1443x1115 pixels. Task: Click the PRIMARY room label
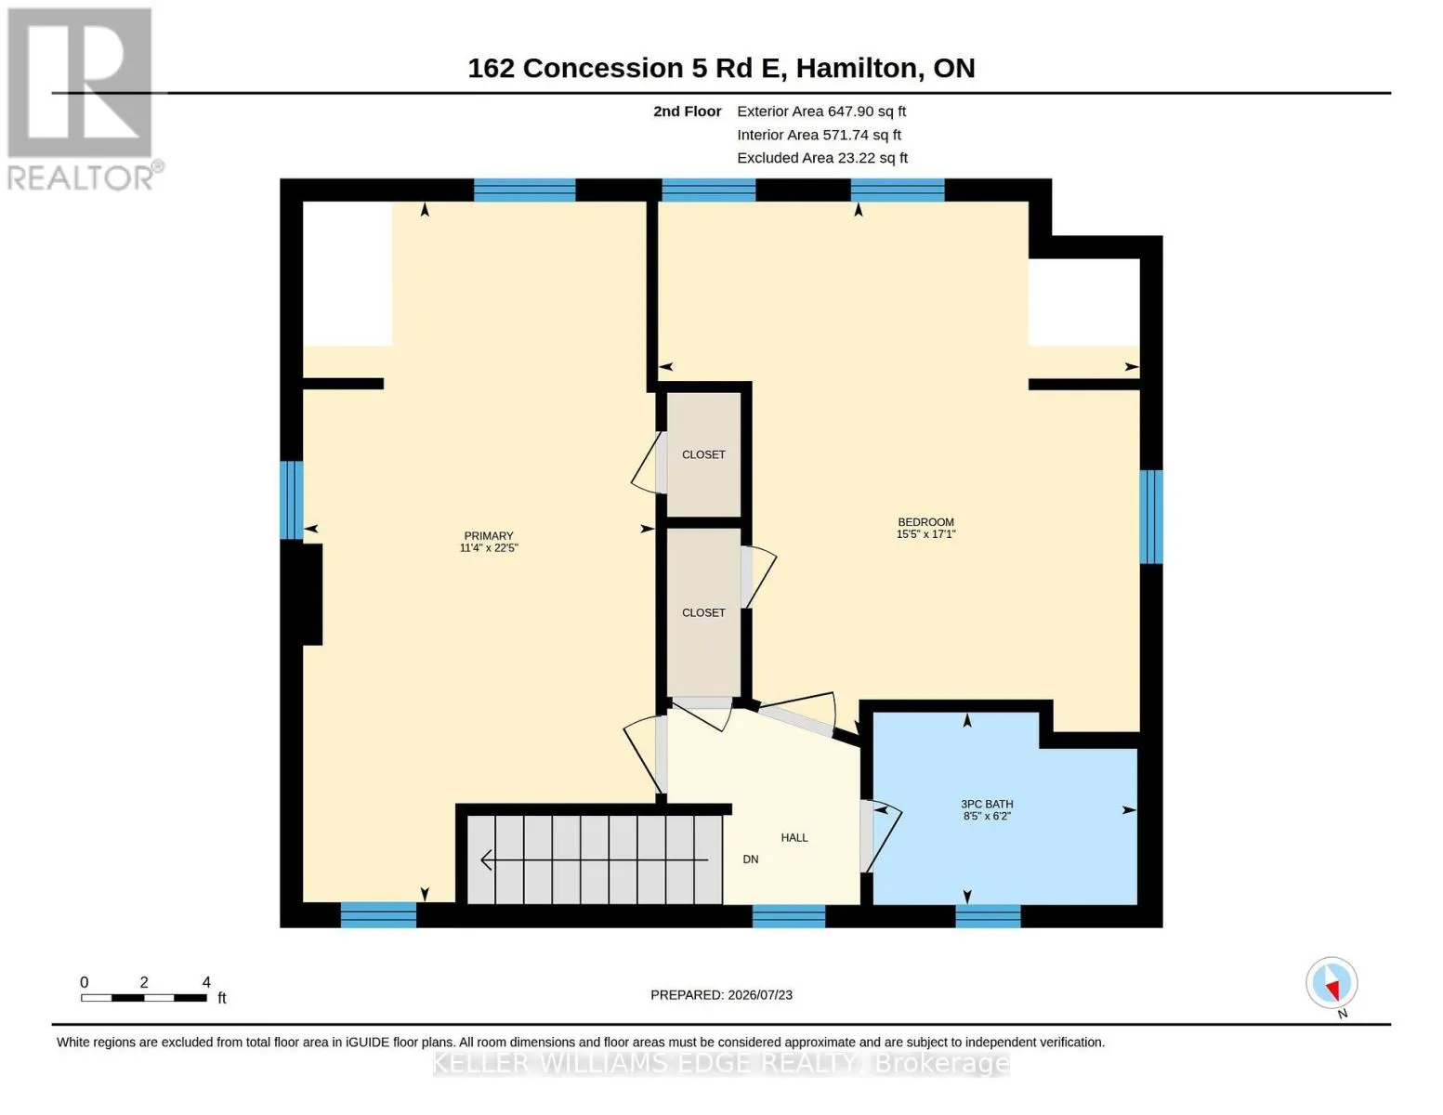tap(488, 535)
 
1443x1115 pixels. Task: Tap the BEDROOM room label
tap(925, 522)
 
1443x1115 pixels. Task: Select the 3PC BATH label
tap(987, 805)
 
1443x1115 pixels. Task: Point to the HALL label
tap(794, 837)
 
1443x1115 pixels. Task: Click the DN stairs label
tap(751, 859)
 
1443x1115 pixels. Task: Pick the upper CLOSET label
tap(703, 455)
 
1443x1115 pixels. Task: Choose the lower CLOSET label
tap(703, 612)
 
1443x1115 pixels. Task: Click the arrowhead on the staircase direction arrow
tap(486, 860)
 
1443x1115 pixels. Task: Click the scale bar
tap(143, 997)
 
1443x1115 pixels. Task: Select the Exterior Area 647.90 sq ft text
tap(821, 111)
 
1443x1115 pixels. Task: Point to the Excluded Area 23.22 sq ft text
tap(822, 158)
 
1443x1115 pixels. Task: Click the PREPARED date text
tap(721, 995)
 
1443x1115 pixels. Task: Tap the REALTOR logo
tap(83, 99)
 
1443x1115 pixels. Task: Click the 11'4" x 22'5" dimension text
tap(488, 548)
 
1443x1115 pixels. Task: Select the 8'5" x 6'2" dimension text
tap(987, 816)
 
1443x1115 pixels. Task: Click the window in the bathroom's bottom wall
tap(988, 916)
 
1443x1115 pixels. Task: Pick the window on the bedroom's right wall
tap(1151, 517)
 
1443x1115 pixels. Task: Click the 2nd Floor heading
tap(687, 111)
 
